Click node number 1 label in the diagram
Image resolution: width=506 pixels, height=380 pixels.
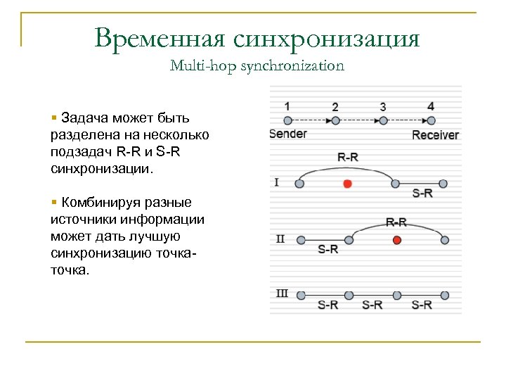[x=287, y=106]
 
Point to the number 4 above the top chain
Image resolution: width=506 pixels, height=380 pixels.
[x=431, y=106]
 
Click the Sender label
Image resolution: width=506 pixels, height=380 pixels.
[x=288, y=134]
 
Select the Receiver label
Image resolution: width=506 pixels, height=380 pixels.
[x=435, y=134]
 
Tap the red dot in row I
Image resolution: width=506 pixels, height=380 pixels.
[x=347, y=184]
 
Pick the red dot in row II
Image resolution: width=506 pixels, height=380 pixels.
[x=396, y=240]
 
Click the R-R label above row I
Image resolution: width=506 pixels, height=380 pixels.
[x=348, y=158]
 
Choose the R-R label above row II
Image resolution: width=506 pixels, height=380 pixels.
[x=396, y=222]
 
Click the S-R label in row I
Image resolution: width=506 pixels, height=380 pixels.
[x=422, y=194]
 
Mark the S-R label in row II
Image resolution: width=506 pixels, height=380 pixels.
[x=328, y=249]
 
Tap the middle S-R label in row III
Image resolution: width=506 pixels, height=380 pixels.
[x=372, y=305]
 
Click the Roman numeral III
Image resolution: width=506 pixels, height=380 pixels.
[x=281, y=293]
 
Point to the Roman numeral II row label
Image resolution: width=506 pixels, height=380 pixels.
[x=280, y=239]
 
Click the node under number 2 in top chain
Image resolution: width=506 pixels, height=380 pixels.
[x=336, y=121]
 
